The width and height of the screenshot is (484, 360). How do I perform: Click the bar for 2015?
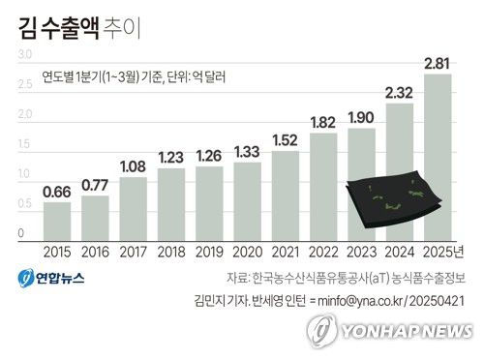point(57,222)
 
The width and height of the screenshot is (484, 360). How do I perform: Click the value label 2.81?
point(438,64)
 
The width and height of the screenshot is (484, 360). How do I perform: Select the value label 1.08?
point(133,166)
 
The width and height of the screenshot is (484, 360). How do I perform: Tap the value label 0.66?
point(57,191)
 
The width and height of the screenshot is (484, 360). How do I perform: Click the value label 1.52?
point(285,140)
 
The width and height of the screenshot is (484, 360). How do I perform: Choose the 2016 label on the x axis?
point(95,254)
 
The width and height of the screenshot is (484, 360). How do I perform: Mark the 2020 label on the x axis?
point(247,254)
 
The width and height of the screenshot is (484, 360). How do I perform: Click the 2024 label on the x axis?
point(399,254)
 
